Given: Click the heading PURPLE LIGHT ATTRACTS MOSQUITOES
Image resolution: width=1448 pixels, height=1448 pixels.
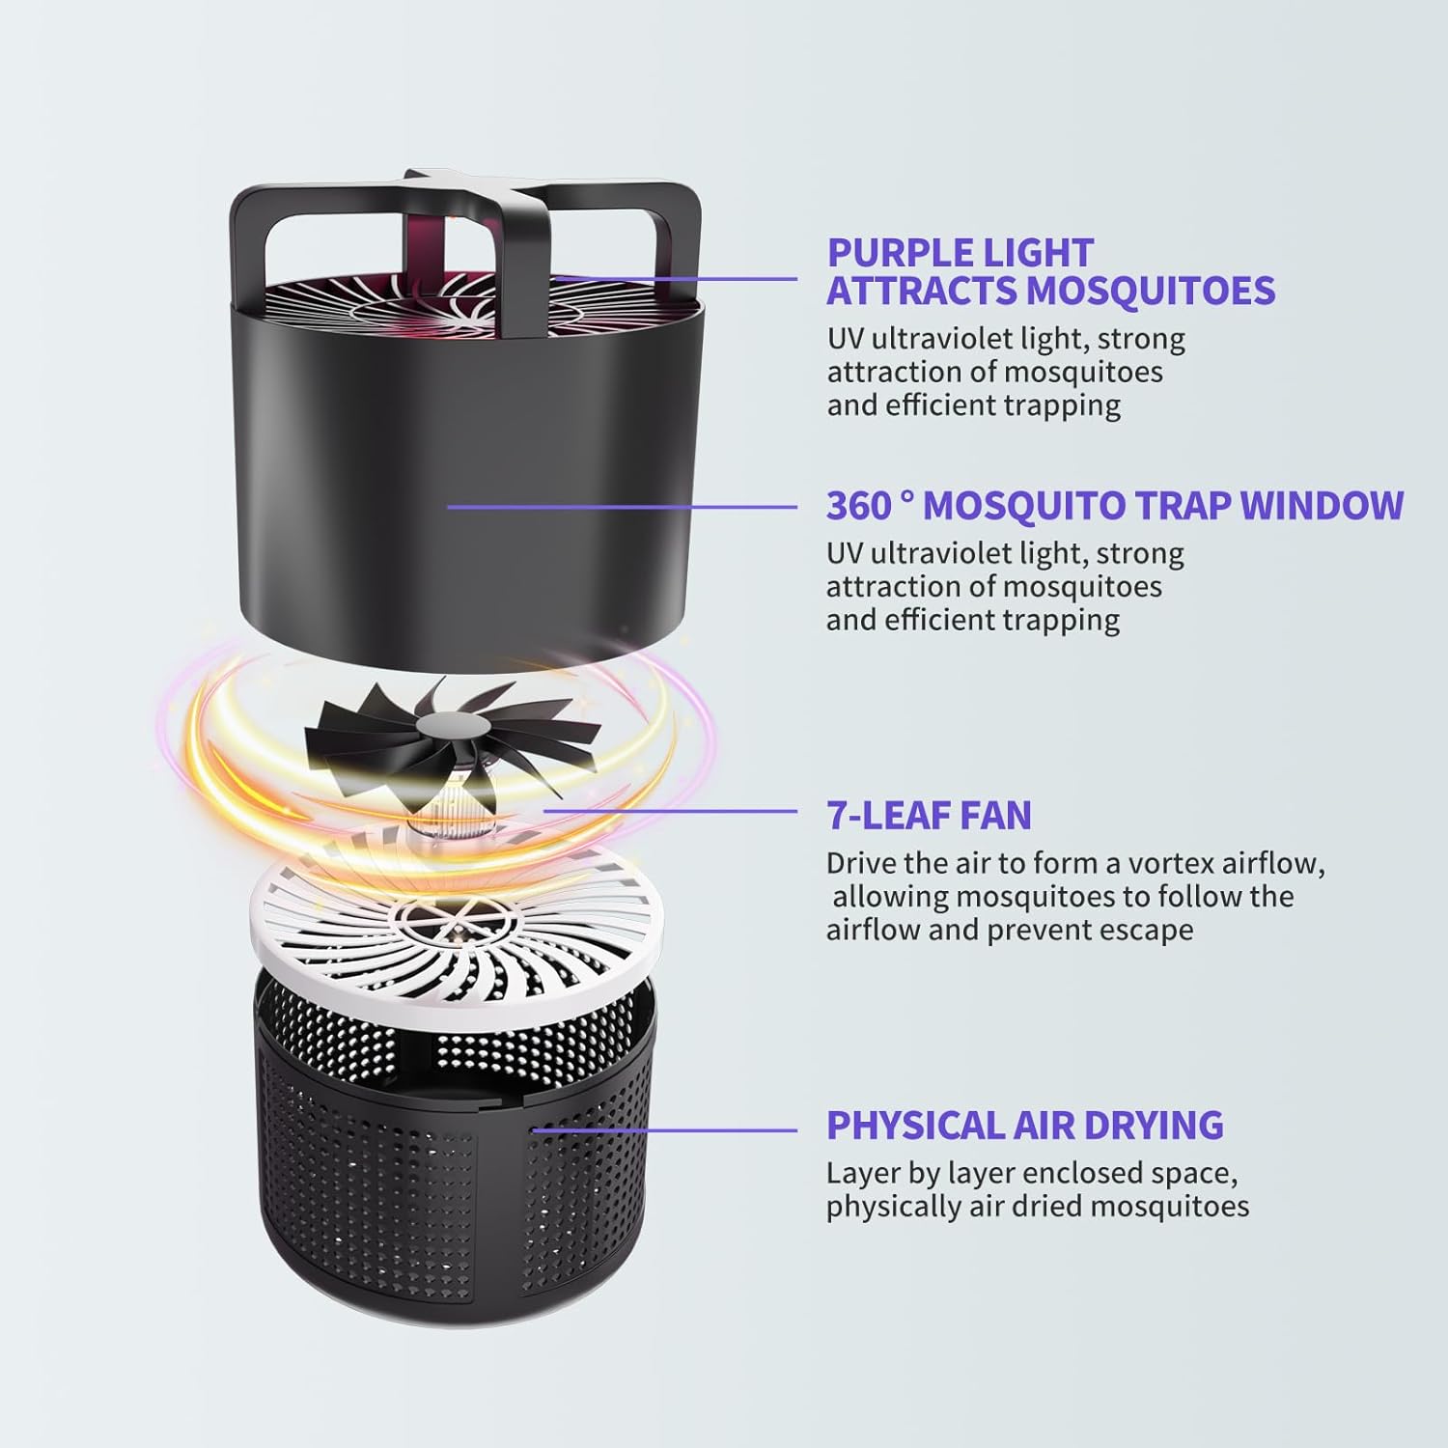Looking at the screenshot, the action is tap(1051, 271).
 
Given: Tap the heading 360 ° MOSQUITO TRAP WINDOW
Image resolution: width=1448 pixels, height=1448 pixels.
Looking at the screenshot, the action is tap(1115, 506).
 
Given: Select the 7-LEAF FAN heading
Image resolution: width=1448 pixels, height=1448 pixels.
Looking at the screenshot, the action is tap(929, 816).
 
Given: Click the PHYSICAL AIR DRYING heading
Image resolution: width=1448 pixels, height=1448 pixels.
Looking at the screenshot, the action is tap(1025, 1126).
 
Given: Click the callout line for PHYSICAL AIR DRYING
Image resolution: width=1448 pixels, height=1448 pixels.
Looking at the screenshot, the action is tap(664, 1130).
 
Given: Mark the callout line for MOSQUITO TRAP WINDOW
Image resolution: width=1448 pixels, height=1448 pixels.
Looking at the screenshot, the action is tap(622, 506).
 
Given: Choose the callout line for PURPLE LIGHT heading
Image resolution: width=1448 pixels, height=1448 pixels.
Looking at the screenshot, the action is tap(676, 278).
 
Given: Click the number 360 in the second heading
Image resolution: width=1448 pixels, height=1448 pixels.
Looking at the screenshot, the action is tap(857, 506).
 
